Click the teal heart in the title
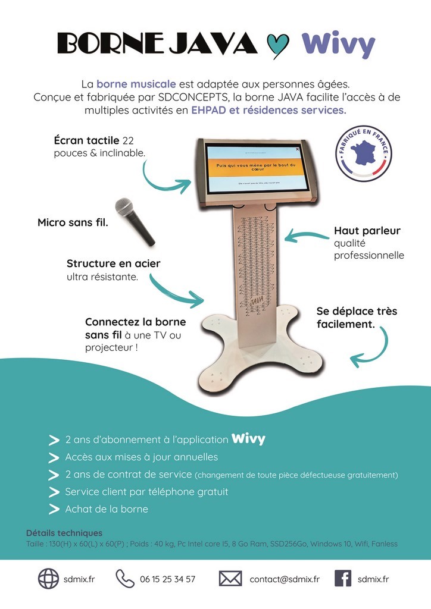pyautogui.click(x=277, y=45)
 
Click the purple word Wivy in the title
pyautogui.click(x=338, y=43)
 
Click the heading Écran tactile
pyautogui.click(x=86, y=141)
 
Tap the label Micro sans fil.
pyautogui.click(x=73, y=223)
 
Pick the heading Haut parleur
pyautogui.click(x=367, y=231)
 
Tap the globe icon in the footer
pyautogui.click(x=48, y=579)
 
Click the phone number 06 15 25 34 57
pyautogui.click(x=167, y=579)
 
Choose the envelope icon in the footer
pyautogui.click(x=230, y=579)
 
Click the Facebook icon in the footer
pyautogui.click(x=342, y=579)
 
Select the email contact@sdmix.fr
pyautogui.click(x=284, y=579)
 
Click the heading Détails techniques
pyautogui.click(x=64, y=533)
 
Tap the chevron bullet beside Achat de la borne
pyautogui.click(x=54, y=509)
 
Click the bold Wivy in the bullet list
pyautogui.click(x=248, y=440)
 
